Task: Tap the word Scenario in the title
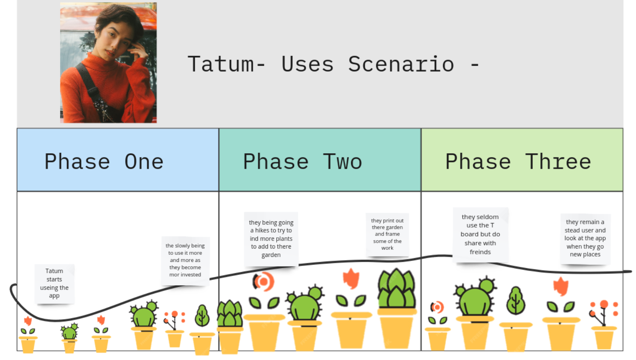pos(401,64)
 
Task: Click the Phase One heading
pos(104,162)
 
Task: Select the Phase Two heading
pos(303,162)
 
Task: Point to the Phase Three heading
pos(518,162)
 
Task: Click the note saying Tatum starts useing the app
pos(54,284)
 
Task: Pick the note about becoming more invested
pos(185,261)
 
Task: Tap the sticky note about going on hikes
pos(271,239)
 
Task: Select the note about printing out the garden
pos(387,234)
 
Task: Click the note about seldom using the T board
pos(481,235)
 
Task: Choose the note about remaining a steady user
pos(585,238)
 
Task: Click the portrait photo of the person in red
pos(108,63)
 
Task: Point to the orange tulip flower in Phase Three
pos(561,286)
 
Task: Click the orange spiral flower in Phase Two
pos(264,281)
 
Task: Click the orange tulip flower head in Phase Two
pos(351,278)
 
